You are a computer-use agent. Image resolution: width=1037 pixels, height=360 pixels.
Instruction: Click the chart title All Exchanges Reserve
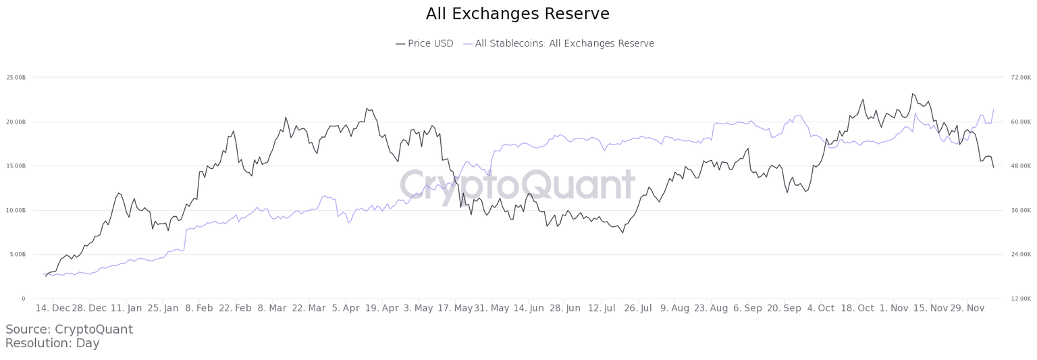518,14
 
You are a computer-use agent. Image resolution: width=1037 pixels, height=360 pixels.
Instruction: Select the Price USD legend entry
424,44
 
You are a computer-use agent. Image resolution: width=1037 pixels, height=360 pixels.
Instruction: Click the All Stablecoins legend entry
558,44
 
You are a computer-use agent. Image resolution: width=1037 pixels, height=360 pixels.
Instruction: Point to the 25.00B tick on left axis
16,78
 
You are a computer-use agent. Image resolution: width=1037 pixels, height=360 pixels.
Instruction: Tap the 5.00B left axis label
16,255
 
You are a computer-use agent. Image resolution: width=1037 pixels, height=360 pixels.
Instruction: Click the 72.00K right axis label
1021,78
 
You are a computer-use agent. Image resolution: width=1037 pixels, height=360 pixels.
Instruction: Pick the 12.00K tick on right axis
1021,299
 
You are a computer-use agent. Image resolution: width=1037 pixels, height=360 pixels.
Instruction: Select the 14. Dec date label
52,309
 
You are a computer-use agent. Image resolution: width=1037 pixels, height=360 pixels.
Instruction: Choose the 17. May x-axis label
454,309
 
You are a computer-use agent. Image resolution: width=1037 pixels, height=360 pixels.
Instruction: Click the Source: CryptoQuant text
69,330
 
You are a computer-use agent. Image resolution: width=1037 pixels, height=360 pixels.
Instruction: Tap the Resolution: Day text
52,343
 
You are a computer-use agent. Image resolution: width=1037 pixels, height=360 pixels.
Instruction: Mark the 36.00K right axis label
1021,210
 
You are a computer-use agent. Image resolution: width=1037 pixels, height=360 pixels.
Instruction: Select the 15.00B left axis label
16,166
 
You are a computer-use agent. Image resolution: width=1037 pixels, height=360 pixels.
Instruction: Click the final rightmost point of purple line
993,109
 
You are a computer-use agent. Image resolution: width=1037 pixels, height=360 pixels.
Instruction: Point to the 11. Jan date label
126,309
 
